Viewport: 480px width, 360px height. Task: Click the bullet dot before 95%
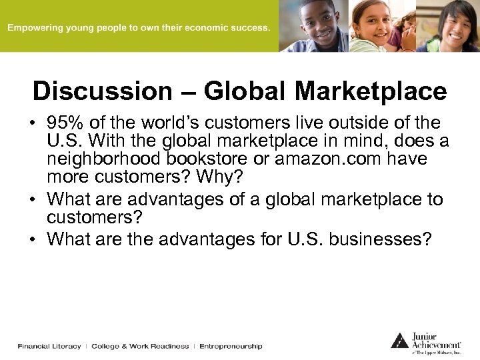click(x=33, y=124)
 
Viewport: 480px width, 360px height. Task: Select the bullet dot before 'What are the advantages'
click(x=33, y=239)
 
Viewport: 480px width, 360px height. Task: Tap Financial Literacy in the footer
click(x=49, y=346)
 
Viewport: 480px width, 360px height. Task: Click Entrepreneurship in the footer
click(x=231, y=346)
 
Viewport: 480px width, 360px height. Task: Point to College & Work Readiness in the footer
click(x=140, y=346)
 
